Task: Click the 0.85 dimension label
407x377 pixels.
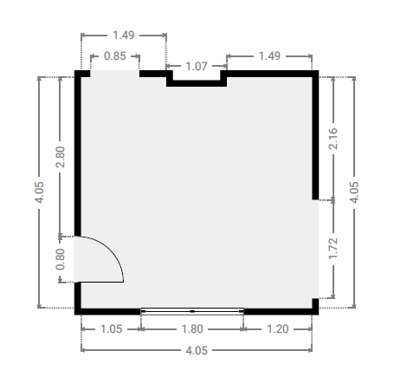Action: coord(115,56)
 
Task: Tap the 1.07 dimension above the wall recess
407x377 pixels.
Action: coord(197,67)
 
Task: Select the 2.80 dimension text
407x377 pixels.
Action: coord(61,157)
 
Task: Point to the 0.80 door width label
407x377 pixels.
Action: coord(61,259)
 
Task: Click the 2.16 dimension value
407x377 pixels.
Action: coord(333,139)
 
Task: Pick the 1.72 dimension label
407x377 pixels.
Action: coord(333,249)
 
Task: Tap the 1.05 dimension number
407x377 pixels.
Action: coord(111,329)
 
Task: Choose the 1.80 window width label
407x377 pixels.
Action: coord(192,329)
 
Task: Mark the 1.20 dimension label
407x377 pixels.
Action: coord(278,329)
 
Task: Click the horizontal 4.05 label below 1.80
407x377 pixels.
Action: coord(197,351)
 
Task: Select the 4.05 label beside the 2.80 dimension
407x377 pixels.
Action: coord(39,192)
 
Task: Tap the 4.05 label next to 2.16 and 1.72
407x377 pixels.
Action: coord(354,192)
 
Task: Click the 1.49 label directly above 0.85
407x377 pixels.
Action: coord(124,36)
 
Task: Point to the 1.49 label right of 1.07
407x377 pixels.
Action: coord(269,55)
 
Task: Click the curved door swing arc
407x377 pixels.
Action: coord(111,249)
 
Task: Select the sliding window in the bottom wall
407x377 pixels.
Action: coord(192,311)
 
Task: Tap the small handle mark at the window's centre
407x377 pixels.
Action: coord(192,311)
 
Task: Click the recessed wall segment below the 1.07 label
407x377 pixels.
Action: coord(197,83)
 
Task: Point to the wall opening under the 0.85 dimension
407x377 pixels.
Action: coord(115,74)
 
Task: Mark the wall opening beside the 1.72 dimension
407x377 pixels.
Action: coord(315,249)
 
